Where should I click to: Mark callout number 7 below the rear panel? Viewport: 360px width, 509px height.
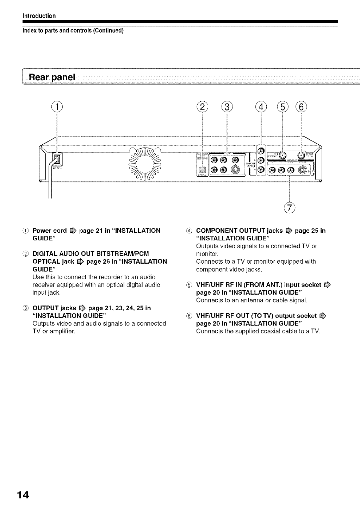pyautogui.click(x=289, y=208)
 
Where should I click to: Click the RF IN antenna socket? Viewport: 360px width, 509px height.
pyautogui.click(x=283, y=155)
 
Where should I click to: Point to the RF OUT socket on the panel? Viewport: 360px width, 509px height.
pyautogui.click(x=302, y=155)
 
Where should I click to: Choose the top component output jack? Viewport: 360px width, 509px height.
pyautogui.click(x=261, y=151)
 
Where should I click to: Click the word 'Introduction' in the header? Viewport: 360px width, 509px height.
pyautogui.click(x=39, y=16)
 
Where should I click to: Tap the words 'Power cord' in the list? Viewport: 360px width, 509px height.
pyautogui.click(x=49, y=231)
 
